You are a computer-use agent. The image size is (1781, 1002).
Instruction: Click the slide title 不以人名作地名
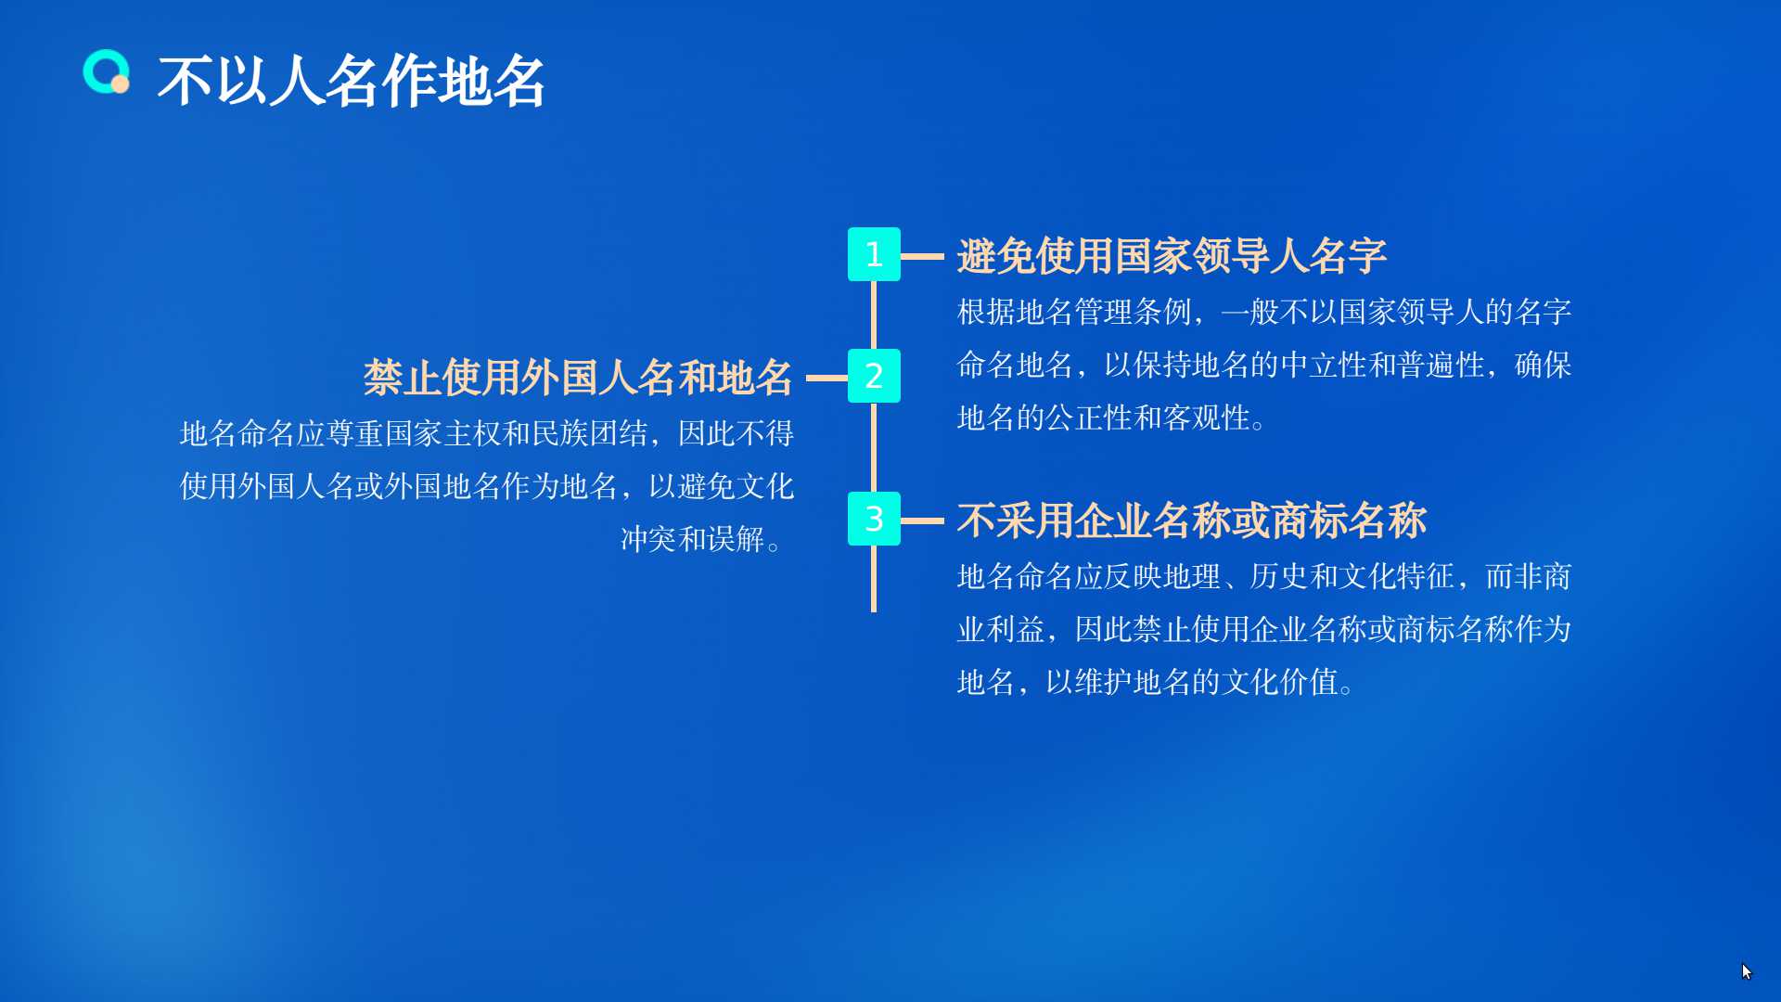(351, 81)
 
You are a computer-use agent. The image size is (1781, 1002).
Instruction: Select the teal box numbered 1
(874, 254)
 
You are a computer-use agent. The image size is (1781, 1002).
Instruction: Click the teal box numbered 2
(874, 376)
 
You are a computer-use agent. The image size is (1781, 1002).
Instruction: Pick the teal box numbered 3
(874, 519)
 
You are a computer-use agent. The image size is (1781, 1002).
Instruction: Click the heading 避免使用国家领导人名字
(1172, 256)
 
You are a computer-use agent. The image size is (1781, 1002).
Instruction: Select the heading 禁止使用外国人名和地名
(578, 378)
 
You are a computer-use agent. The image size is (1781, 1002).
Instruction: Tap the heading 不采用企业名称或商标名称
(1191, 520)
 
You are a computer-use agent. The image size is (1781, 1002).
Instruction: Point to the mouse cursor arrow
(1746, 970)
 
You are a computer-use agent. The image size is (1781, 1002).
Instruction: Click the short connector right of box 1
(922, 256)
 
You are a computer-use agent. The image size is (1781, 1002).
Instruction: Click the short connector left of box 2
(826, 378)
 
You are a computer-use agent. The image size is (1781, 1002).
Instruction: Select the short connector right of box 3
(922, 520)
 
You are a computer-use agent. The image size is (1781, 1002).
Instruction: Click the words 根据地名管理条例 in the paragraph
(1074, 312)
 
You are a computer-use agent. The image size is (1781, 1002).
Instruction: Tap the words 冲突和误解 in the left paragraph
(692, 539)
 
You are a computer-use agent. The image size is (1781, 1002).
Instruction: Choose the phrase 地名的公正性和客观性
(1104, 418)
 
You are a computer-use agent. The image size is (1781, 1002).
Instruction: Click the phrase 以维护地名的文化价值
(1191, 683)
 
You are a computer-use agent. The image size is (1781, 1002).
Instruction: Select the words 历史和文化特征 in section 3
(1352, 577)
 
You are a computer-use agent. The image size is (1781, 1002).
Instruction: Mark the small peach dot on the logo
(120, 84)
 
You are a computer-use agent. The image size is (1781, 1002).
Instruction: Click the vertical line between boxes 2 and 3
(874, 447)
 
